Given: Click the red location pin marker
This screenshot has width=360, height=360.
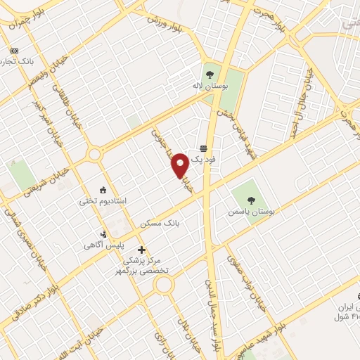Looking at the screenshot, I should pos(180,165).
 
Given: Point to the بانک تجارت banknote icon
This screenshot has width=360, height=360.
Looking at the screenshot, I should pos(14,51).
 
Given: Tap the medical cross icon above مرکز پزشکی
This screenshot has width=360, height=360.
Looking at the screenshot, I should pos(142,250).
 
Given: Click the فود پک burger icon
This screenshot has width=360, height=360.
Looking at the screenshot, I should pos(204,148).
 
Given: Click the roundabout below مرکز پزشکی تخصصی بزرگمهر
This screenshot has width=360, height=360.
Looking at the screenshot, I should pos(165,284).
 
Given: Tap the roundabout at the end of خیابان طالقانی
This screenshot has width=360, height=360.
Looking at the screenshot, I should pos(94,155).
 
